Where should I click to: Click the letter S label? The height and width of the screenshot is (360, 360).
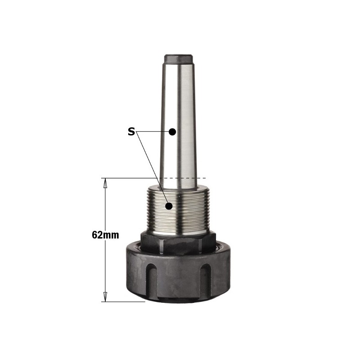131,132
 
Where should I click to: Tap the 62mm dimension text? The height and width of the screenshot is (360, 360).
105,235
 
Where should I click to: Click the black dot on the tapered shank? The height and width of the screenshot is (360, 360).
172,132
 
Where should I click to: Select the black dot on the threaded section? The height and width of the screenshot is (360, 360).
169,206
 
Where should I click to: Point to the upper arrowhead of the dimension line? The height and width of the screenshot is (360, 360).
105,183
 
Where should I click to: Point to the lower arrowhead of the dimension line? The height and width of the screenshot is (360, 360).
105,297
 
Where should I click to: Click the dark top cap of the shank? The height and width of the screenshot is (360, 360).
178,59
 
